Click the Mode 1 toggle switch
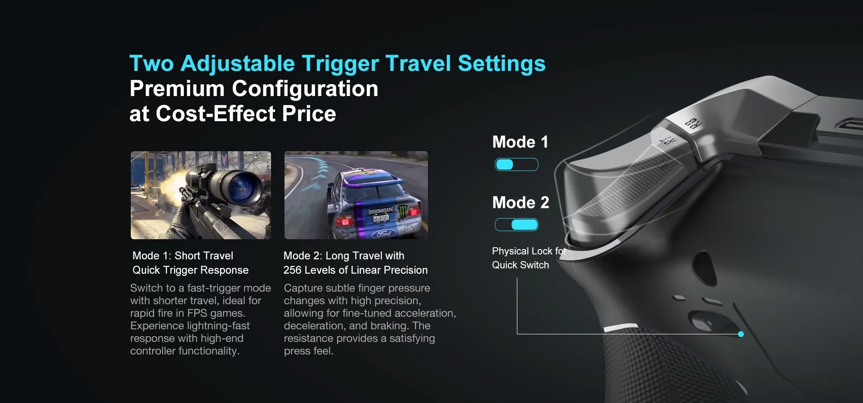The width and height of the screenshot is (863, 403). click(516, 165)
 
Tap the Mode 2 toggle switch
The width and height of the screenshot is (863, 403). click(516, 224)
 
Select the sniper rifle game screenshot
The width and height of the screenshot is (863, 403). click(201, 195)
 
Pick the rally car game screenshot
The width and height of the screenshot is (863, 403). click(356, 195)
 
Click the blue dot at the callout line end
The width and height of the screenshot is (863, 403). click(741, 334)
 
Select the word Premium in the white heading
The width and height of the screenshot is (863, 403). click(177, 88)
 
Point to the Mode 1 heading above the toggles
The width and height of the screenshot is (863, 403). click(520, 142)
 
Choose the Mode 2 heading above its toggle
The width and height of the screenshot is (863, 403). click(520, 202)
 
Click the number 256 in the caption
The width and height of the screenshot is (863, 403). click(292, 270)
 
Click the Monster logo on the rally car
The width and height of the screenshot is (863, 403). click(401, 213)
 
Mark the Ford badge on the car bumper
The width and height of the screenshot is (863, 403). click(384, 233)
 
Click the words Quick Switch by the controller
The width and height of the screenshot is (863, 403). click(520, 265)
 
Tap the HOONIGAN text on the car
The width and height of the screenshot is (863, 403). click(381, 210)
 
